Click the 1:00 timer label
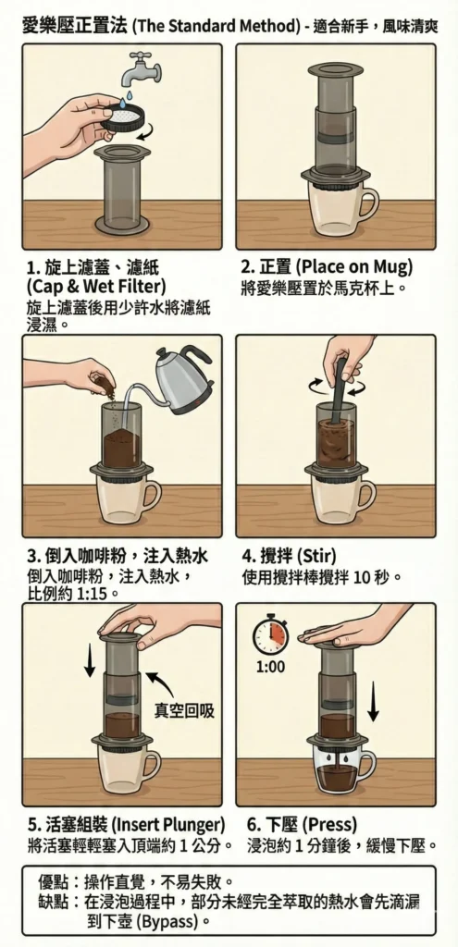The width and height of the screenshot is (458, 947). pyautogui.click(x=270, y=668)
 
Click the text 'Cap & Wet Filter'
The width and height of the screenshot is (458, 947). pyautogui.click(x=96, y=285)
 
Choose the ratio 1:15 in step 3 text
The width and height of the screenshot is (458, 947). pyautogui.click(x=93, y=594)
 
